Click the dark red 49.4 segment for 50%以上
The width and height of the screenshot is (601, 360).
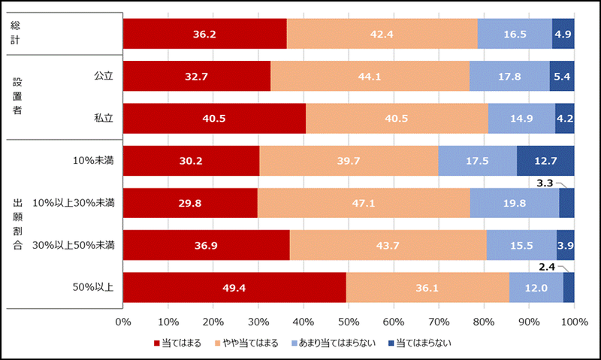tap(234, 287)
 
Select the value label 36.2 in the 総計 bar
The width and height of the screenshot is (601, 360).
tap(205, 34)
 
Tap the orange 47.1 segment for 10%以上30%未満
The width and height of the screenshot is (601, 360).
tap(364, 203)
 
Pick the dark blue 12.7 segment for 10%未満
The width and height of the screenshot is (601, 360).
tap(545, 161)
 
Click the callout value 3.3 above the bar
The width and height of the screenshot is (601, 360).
tap(546, 181)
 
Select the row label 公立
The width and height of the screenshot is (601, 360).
tap(103, 76)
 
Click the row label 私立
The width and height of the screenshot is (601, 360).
tap(103, 118)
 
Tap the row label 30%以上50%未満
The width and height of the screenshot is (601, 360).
tap(79, 245)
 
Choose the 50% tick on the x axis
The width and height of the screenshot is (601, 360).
tap(349, 322)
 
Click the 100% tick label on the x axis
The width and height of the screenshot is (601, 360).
tap(574, 322)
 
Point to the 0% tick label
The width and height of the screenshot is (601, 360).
tap(123, 322)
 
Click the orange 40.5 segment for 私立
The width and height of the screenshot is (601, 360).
tap(397, 118)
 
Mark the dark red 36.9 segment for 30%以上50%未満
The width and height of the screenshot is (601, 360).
tap(206, 245)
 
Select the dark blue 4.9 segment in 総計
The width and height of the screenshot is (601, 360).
tap(563, 34)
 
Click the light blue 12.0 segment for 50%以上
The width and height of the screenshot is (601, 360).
tap(536, 287)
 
